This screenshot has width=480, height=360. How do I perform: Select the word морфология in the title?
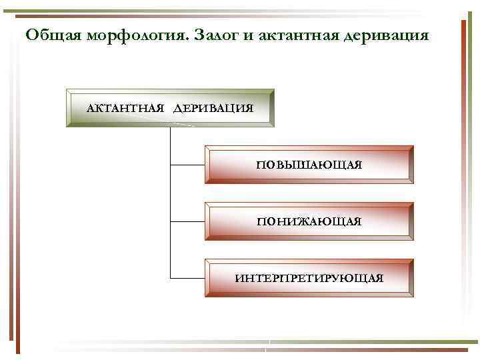(x=135, y=35)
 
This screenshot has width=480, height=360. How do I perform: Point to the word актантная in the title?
(x=295, y=35)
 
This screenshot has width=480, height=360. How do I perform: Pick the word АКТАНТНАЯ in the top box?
(x=126, y=108)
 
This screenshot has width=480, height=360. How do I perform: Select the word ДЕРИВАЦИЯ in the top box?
(x=213, y=108)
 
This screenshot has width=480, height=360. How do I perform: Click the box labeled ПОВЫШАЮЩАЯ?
(x=309, y=165)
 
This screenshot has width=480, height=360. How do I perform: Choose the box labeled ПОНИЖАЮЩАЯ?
(x=309, y=221)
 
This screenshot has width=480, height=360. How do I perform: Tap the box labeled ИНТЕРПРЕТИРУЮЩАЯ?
(x=309, y=278)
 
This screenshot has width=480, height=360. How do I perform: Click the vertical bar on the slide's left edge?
(x=18, y=180)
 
